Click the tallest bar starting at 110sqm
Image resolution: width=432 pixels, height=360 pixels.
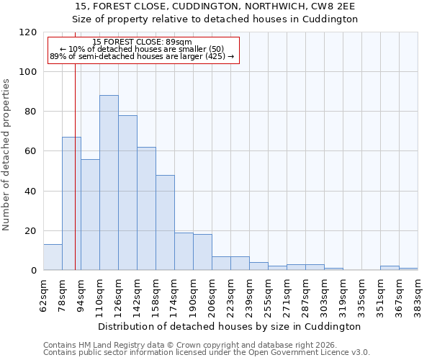click(x=109, y=183)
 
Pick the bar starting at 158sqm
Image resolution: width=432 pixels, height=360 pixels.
click(x=165, y=222)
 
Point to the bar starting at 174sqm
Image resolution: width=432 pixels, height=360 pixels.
click(x=184, y=251)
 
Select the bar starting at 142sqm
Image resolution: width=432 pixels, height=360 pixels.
click(x=146, y=209)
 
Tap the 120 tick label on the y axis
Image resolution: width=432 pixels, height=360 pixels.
click(x=28, y=32)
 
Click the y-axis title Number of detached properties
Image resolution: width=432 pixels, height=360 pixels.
click(x=6, y=155)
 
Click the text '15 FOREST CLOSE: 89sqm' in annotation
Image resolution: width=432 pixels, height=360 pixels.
click(x=143, y=42)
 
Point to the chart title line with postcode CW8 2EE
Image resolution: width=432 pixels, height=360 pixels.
click(x=215, y=6)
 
